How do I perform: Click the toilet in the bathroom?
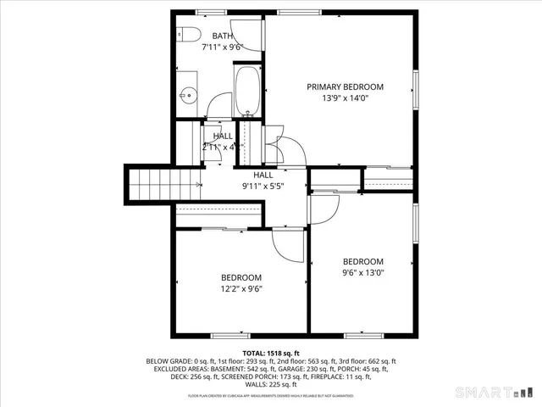[x=188, y=35]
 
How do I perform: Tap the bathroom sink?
[x=188, y=95]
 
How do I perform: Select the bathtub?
[x=247, y=92]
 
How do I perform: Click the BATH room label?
[x=222, y=36]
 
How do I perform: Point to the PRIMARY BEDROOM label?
[x=345, y=86]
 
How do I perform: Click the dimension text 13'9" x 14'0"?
[x=345, y=98]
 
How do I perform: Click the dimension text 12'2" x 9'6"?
[x=241, y=289]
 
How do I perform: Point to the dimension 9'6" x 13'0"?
[x=362, y=273]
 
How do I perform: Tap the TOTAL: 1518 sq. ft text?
[x=271, y=353]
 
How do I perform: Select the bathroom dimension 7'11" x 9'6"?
[x=222, y=48]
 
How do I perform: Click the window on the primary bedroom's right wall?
[x=415, y=88]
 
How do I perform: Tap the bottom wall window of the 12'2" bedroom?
[x=229, y=334]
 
